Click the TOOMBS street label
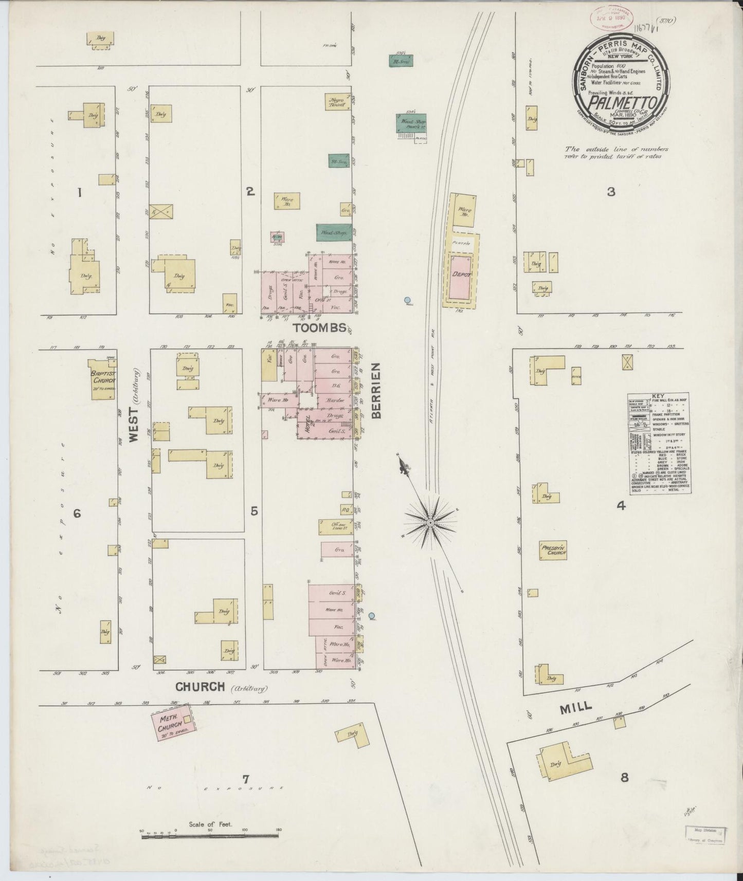tap(315, 327)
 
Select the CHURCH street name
tap(200, 687)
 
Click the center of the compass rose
tap(430, 523)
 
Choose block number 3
tap(610, 192)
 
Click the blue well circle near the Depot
tap(407, 300)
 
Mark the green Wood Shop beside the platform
tap(410, 123)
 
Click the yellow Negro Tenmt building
tap(338, 101)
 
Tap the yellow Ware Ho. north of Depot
tap(462, 211)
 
